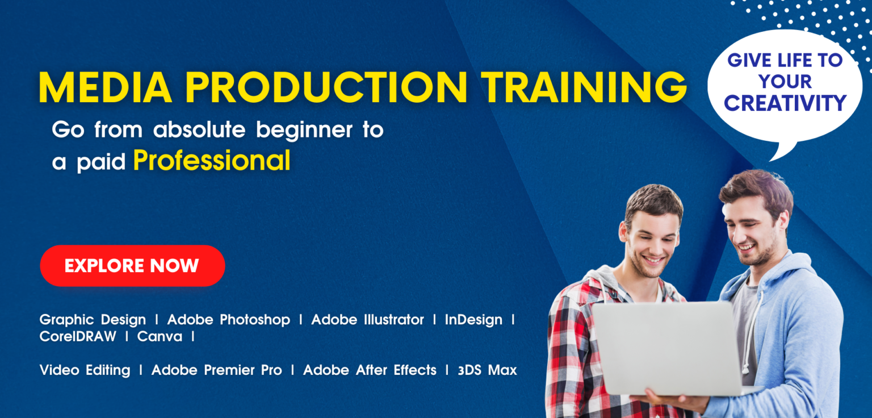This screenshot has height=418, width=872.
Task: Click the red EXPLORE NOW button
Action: tap(132, 266)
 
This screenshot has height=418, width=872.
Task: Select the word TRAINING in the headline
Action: tap(585, 87)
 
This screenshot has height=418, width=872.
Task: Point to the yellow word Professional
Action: tap(212, 161)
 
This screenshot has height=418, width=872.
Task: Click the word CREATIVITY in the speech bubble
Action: tap(785, 103)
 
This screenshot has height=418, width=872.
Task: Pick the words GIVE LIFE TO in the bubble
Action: tap(785, 60)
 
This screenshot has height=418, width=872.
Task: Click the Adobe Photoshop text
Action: tap(228, 320)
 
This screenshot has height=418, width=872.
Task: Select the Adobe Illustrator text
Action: tap(367, 320)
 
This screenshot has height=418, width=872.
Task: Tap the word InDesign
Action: tap(473, 320)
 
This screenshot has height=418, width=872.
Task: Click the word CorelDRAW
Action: tap(78, 336)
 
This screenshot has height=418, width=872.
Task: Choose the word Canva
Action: tap(160, 336)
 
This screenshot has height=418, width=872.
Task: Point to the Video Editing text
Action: tap(85, 370)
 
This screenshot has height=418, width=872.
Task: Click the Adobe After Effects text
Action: tap(370, 370)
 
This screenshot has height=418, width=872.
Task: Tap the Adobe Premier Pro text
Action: tap(216, 370)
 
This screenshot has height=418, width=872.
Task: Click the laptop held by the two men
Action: tap(670, 346)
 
